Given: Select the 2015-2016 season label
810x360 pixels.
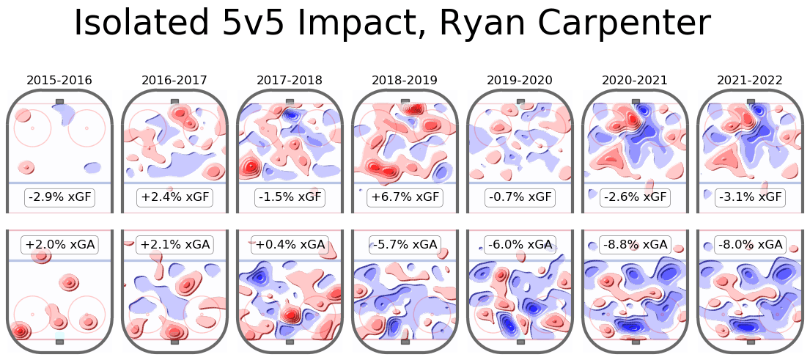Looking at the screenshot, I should click(59, 80).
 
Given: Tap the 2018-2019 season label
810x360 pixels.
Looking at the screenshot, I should click(405, 80).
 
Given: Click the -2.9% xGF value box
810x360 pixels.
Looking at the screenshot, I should click(59, 196).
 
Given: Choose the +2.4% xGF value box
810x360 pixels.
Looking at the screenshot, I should click(174, 196).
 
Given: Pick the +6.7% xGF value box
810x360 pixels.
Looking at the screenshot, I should click(405, 196).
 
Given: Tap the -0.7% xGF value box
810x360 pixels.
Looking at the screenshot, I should click(520, 196).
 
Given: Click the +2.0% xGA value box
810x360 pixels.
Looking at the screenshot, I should click(59, 244).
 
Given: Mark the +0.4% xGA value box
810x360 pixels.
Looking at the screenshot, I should click(290, 244).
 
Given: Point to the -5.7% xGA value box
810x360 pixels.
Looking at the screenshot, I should click(405, 244).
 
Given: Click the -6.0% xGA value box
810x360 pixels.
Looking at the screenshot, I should click(520, 244).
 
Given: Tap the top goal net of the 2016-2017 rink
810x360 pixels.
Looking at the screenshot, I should click(174, 102).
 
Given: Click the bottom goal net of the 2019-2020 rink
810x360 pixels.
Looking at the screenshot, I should click(520, 342).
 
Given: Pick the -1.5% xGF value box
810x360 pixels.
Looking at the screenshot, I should click(290, 196).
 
